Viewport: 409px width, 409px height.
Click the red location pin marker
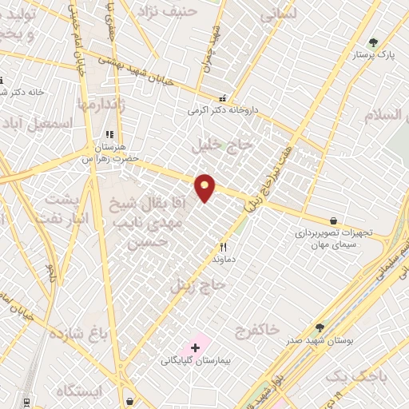coord(206,188)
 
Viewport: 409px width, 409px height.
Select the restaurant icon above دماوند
coord(224,248)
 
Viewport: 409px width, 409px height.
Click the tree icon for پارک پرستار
coord(373,42)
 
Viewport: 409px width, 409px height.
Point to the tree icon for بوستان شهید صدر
coord(320,328)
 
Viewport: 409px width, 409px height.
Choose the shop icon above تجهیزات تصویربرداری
coord(333,220)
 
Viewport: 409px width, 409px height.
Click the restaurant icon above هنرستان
coord(109,135)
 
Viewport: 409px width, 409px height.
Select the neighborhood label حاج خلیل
coord(222,145)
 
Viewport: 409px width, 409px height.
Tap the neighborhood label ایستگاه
coord(80,391)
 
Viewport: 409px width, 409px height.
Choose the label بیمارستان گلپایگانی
coord(196,362)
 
